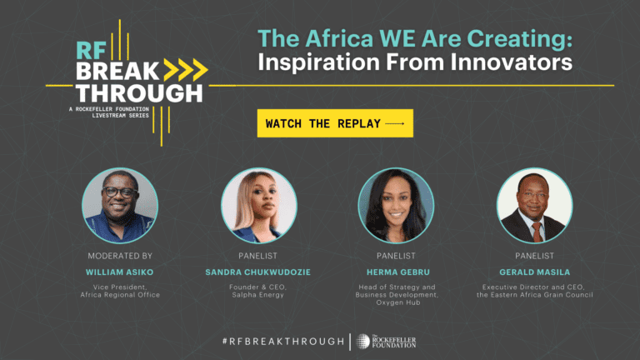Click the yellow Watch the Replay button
click(x=335, y=123)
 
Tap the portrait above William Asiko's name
click(x=120, y=206)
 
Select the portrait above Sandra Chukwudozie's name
click(x=259, y=206)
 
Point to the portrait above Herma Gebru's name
click(x=397, y=206)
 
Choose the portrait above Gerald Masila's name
click(x=535, y=206)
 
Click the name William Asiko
click(x=120, y=272)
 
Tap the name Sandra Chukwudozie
click(x=258, y=272)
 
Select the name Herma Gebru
click(x=398, y=272)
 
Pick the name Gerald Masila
click(x=535, y=272)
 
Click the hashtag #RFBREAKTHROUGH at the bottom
click(x=283, y=341)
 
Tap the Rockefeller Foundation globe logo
click(x=362, y=341)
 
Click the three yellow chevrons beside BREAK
click(x=186, y=70)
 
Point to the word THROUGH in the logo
click(x=139, y=93)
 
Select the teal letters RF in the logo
click(x=91, y=51)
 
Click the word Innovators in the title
click(x=512, y=62)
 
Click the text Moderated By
click(x=120, y=256)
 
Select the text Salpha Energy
click(x=258, y=295)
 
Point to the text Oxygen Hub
click(x=398, y=302)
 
